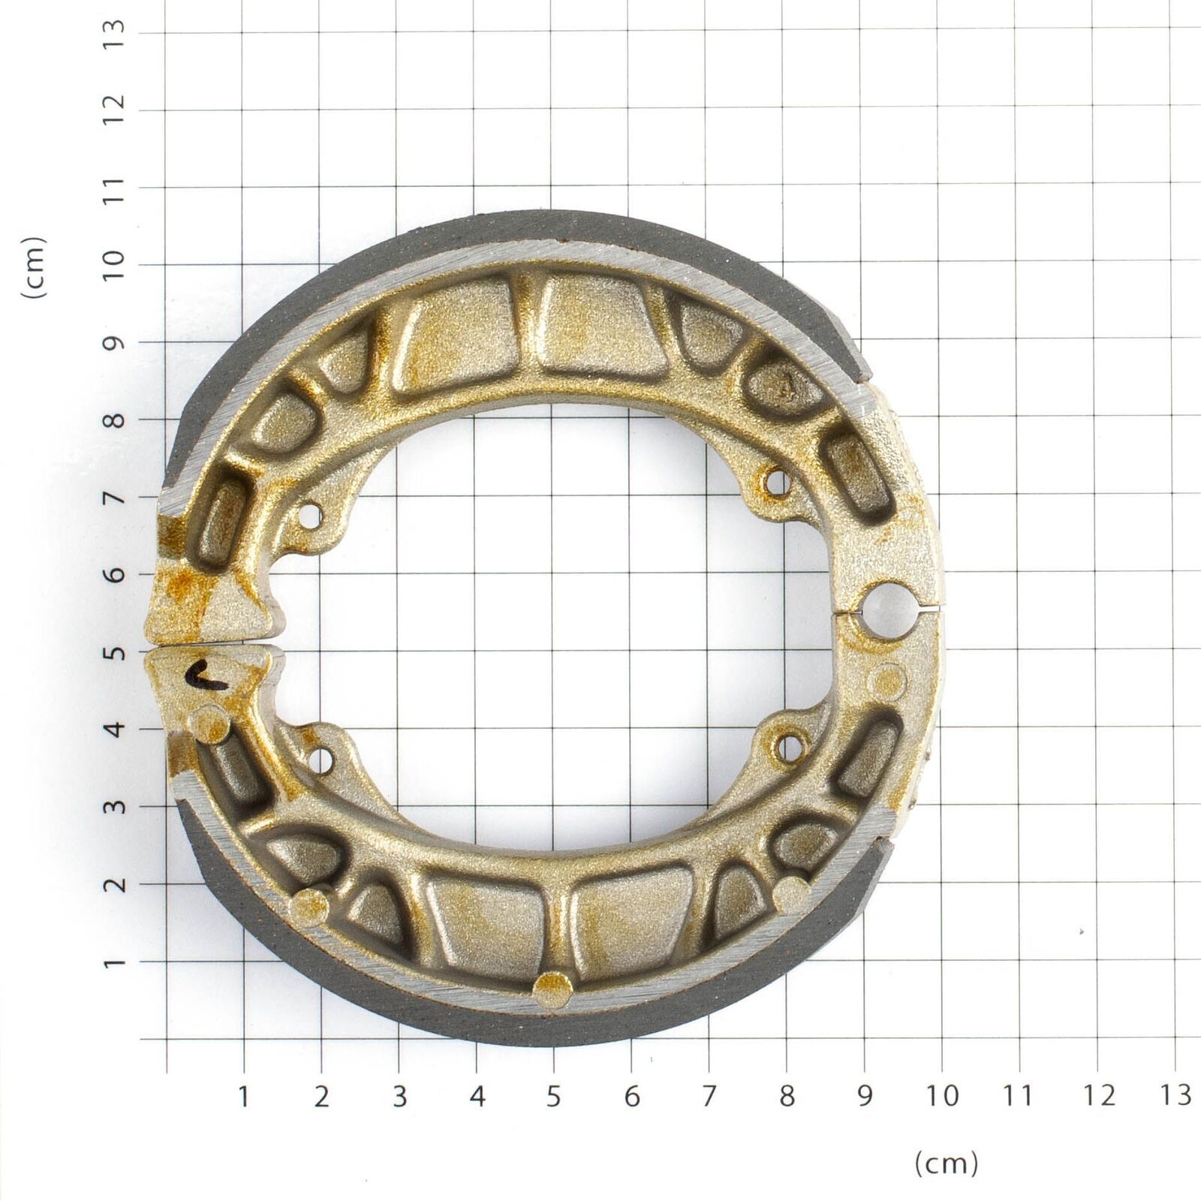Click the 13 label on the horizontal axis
click(x=1175, y=1095)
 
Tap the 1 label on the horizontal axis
click(x=244, y=1097)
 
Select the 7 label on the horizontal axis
click(x=709, y=1097)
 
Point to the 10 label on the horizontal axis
click(x=941, y=1097)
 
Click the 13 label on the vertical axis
click(x=114, y=33)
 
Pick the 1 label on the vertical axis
click(x=114, y=962)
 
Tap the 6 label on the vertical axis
click(x=114, y=574)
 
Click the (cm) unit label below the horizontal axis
click(x=947, y=1163)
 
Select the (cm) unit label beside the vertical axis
click(x=35, y=268)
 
